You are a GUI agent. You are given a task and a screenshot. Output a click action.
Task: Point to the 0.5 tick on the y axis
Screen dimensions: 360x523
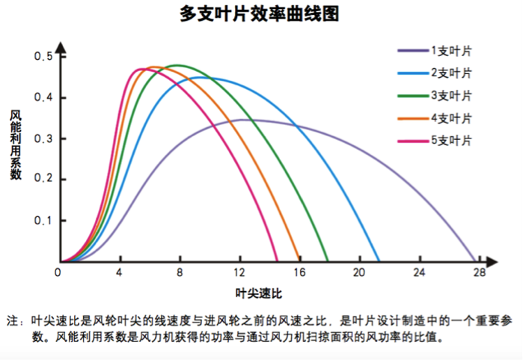44,57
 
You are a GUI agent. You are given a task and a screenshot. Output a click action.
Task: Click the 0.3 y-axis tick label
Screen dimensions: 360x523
44,138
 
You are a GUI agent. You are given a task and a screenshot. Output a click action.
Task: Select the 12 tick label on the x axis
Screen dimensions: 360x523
239,272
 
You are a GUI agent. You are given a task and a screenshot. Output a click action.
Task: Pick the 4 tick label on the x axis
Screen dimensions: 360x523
120,272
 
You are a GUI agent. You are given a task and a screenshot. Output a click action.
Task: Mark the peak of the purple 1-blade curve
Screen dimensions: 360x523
241,119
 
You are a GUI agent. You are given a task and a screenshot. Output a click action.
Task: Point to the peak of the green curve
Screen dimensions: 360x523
178,65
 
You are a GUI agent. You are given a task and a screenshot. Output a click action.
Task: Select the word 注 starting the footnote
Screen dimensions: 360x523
12,320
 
